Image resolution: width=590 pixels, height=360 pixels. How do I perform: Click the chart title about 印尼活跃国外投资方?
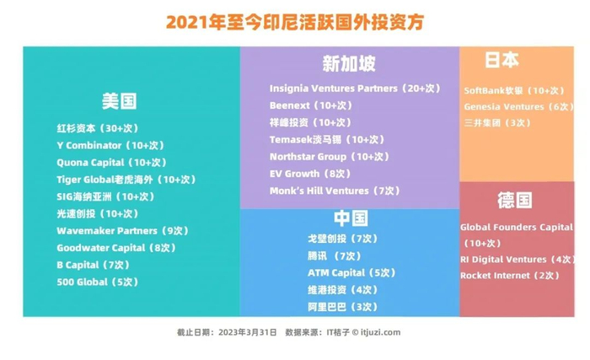tap(295, 22)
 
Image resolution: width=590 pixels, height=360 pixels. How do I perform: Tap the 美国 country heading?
tap(120, 101)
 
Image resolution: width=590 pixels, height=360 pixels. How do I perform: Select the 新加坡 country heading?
tap(349, 63)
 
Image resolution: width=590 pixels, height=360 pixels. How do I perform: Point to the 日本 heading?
tap(502, 60)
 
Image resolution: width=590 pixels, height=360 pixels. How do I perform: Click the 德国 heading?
tap(515, 200)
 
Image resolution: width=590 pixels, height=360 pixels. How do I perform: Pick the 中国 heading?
tap(351, 218)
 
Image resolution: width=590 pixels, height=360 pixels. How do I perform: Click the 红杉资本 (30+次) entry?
tap(98, 128)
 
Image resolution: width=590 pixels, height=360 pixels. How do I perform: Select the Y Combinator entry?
tap(110, 145)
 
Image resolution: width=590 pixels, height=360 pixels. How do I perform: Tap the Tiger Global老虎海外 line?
tap(126, 180)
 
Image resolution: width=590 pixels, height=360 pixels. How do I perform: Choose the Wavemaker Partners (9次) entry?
tap(123, 231)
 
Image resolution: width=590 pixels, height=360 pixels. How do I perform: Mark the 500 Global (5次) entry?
tap(98, 282)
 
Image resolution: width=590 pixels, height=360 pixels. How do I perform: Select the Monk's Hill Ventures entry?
tap(335, 191)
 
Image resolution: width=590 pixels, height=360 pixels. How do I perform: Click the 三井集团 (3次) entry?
tap(497, 123)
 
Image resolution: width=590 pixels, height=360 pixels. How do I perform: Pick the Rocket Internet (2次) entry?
tap(510, 276)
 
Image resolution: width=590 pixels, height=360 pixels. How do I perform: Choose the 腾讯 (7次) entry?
tap(335, 256)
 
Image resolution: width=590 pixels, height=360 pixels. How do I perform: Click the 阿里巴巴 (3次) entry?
tap(343, 307)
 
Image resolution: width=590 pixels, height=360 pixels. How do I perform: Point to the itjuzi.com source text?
tap(380, 332)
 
